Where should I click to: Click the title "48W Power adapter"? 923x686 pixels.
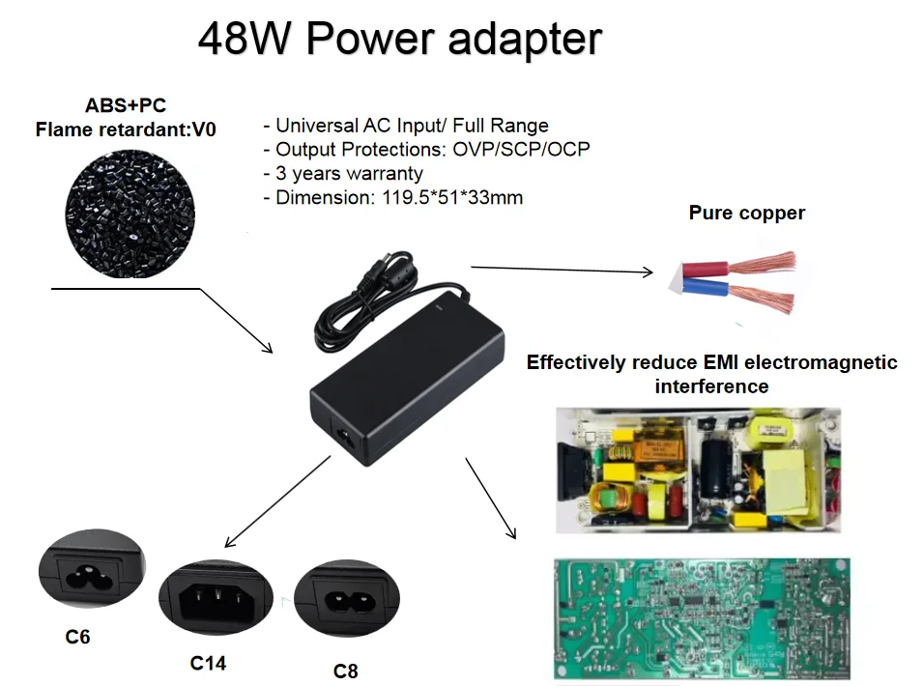(x=399, y=39)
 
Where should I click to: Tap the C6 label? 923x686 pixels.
(x=79, y=637)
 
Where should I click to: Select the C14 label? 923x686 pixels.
(x=208, y=663)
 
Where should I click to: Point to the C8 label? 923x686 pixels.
(x=345, y=670)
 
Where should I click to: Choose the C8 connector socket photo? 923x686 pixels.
(x=345, y=600)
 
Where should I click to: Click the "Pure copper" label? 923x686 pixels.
(x=746, y=214)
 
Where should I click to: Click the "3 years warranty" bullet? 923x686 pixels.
(x=343, y=174)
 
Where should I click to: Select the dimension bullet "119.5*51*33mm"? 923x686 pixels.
(x=393, y=198)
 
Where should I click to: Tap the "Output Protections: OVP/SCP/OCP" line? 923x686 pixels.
(x=426, y=150)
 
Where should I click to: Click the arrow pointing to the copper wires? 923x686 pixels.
(x=561, y=270)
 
